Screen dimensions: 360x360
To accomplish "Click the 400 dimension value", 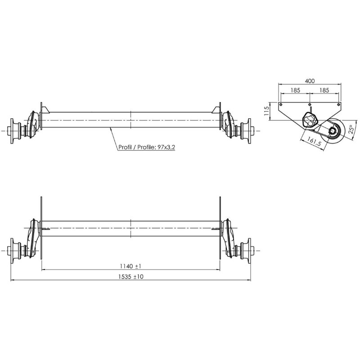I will [310, 81].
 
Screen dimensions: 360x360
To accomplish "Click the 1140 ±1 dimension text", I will [130, 265].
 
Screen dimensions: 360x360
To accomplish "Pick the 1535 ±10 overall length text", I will [130, 276].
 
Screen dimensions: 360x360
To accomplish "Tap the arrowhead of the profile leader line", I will [110, 128].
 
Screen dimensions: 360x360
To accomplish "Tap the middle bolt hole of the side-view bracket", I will [310, 103].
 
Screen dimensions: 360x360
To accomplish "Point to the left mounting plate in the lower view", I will [41, 229].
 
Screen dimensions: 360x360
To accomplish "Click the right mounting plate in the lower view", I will [220, 229].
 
